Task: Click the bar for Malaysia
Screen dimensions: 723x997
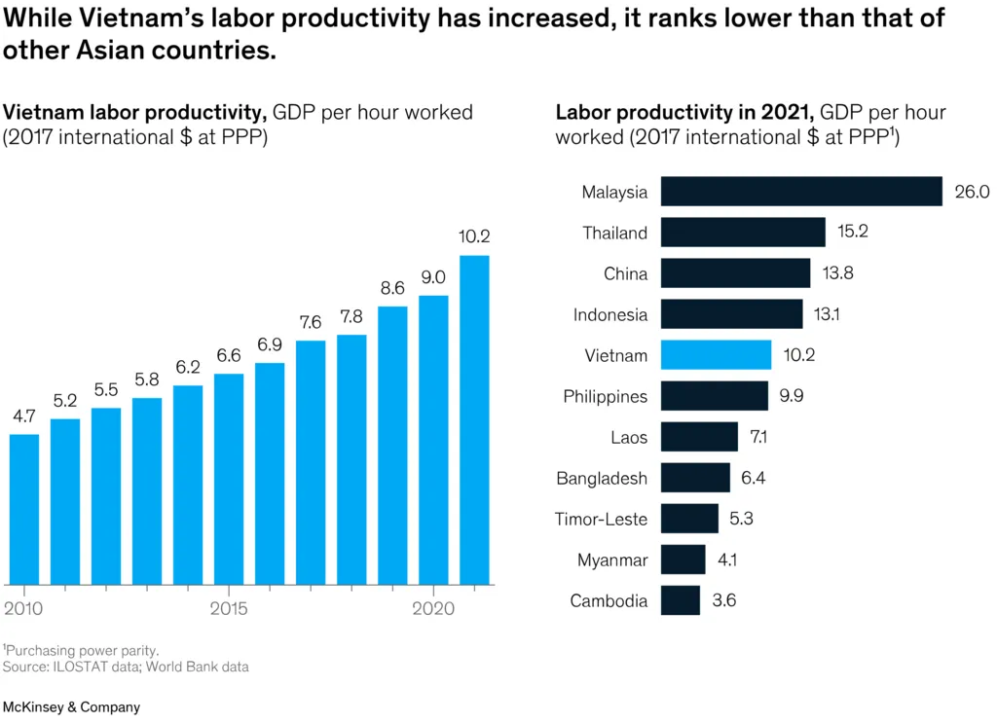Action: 801,191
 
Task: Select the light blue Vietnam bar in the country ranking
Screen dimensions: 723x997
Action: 716,354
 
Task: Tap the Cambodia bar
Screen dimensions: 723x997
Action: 680,600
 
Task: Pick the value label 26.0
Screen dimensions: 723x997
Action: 972,192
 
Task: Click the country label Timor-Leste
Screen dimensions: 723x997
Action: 601,519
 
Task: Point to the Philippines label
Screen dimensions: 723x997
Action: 605,396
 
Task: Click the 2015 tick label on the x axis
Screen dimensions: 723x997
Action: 228,609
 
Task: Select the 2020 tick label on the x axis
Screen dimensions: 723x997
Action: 432,609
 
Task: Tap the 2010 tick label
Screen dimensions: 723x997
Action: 23,609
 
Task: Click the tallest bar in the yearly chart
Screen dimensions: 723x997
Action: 474,419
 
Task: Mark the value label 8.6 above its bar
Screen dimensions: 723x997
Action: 392,288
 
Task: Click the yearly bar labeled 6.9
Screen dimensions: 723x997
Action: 270,473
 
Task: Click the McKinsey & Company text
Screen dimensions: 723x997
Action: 71,707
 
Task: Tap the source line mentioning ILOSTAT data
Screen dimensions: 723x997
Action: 126,667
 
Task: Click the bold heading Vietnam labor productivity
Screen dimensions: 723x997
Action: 135,112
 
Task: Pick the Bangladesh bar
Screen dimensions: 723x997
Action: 695,478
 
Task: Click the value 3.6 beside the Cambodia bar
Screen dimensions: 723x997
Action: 723,600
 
